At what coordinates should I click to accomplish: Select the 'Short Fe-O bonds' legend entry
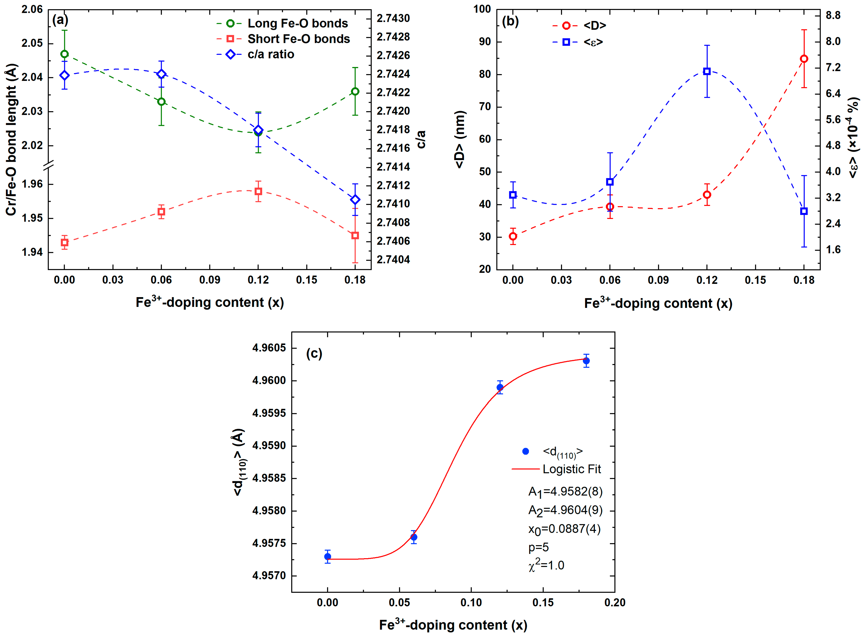pos(298,39)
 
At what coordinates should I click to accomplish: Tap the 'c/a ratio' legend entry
pos(270,54)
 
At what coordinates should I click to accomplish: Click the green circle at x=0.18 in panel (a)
pos(355,91)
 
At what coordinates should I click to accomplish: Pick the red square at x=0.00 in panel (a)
pos(64,243)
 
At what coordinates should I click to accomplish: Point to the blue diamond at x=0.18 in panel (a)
pos(355,199)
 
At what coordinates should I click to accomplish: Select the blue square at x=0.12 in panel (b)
pos(706,71)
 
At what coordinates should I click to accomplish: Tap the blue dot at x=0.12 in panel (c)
pos(500,387)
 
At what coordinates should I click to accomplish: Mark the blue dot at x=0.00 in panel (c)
pos(328,556)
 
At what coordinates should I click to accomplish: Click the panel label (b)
pos(510,21)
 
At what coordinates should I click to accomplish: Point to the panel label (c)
pos(314,354)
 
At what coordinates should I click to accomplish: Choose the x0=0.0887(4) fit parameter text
pos(564,529)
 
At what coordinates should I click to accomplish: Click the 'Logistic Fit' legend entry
pos(572,469)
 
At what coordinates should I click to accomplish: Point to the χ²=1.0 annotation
pos(546,565)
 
